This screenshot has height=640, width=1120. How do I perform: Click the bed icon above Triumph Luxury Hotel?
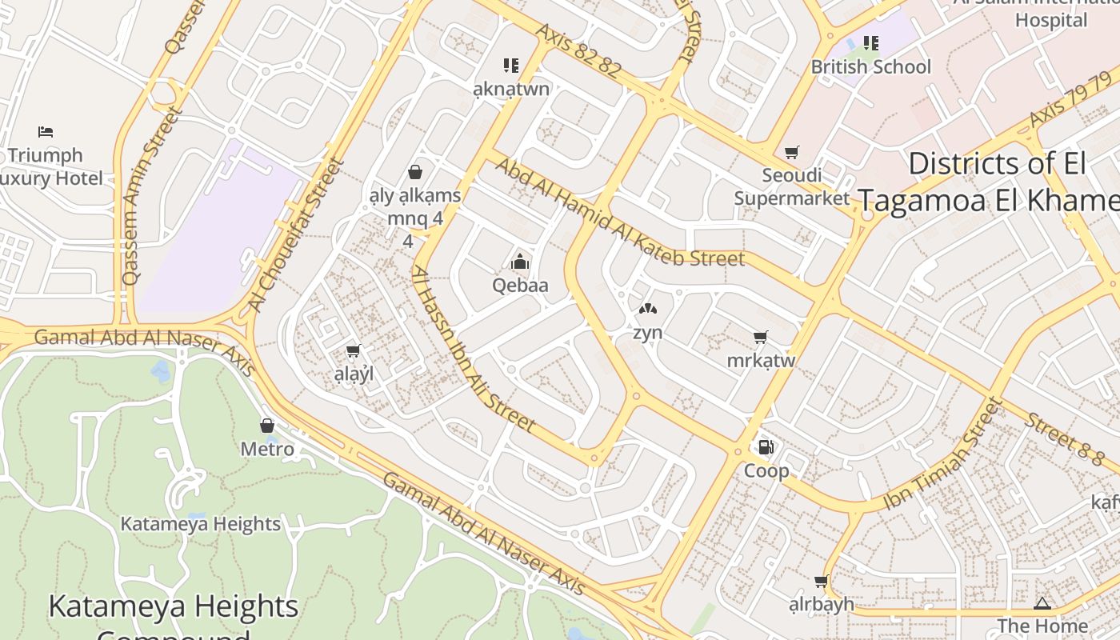[46, 131]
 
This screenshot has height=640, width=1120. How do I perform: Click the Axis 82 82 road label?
[578, 50]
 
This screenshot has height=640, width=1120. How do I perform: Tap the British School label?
[870, 66]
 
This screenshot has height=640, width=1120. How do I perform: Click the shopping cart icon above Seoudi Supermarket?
[792, 152]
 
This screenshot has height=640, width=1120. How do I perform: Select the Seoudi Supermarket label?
[791, 186]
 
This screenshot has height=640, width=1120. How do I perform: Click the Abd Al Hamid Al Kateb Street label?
[620, 213]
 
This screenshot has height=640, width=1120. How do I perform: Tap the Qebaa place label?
[520, 286]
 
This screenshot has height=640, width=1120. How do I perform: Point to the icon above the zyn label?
[647, 309]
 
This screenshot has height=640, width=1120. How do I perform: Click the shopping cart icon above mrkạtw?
[761, 337]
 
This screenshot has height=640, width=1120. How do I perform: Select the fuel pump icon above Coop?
[766, 447]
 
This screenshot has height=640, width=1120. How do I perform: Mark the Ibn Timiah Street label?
[943, 454]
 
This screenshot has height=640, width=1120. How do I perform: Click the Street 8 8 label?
[1065, 439]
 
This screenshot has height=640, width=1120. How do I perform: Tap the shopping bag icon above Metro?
[267, 426]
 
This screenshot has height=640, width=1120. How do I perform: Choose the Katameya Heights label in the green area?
[200, 524]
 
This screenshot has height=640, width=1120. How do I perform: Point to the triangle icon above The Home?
[1042, 603]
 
